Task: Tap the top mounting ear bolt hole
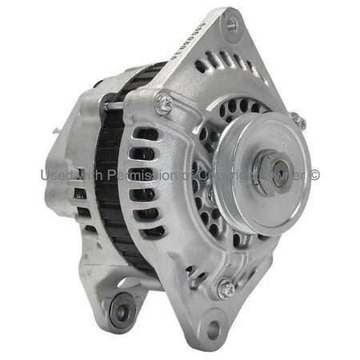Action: tap(231, 25)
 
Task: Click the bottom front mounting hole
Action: tap(212, 326)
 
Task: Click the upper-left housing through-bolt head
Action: tap(163, 102)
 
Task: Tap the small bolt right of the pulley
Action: tap(299, 121)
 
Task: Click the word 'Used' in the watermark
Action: tap(57, 174)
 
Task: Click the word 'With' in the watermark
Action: tap(92, 174)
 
